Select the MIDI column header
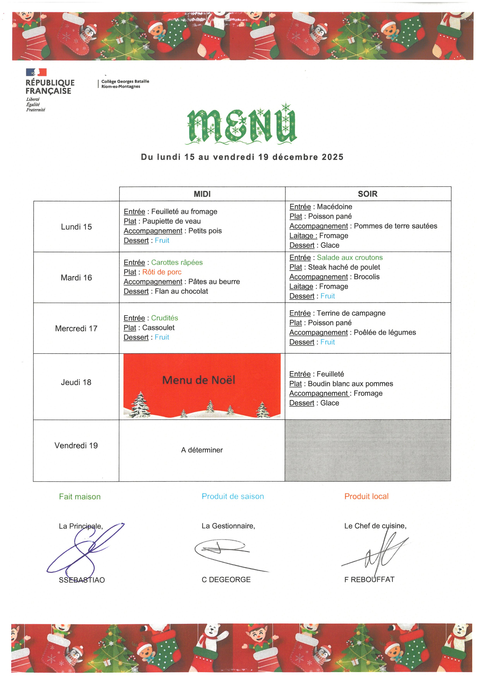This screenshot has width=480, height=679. pyautogui.click(x=202, y=194)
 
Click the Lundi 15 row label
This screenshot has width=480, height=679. pyautogui.click(x=76, y=227)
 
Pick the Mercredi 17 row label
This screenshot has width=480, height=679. pyautogui.click(x=76, y=329)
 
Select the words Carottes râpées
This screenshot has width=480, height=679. pyautogui.click(x=177, y=262)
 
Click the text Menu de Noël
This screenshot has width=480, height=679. pyautogui.click(x=199, y=380)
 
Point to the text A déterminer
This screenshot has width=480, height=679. pyautogui.click(x=202, y=450)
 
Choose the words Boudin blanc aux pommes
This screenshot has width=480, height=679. pyautogui.click(x=350, y=384)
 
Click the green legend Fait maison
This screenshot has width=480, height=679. pyautogui.click(x=80, y=497)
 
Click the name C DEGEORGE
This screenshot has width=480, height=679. pyautogui.click(x=226, y=580)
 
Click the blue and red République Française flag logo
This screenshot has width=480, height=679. pyautogui.click(x=36, y=72)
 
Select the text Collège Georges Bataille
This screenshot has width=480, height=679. pyautogui.click(x=125, y=81)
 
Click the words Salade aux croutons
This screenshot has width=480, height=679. pyautogui.click(x=350, y=258)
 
